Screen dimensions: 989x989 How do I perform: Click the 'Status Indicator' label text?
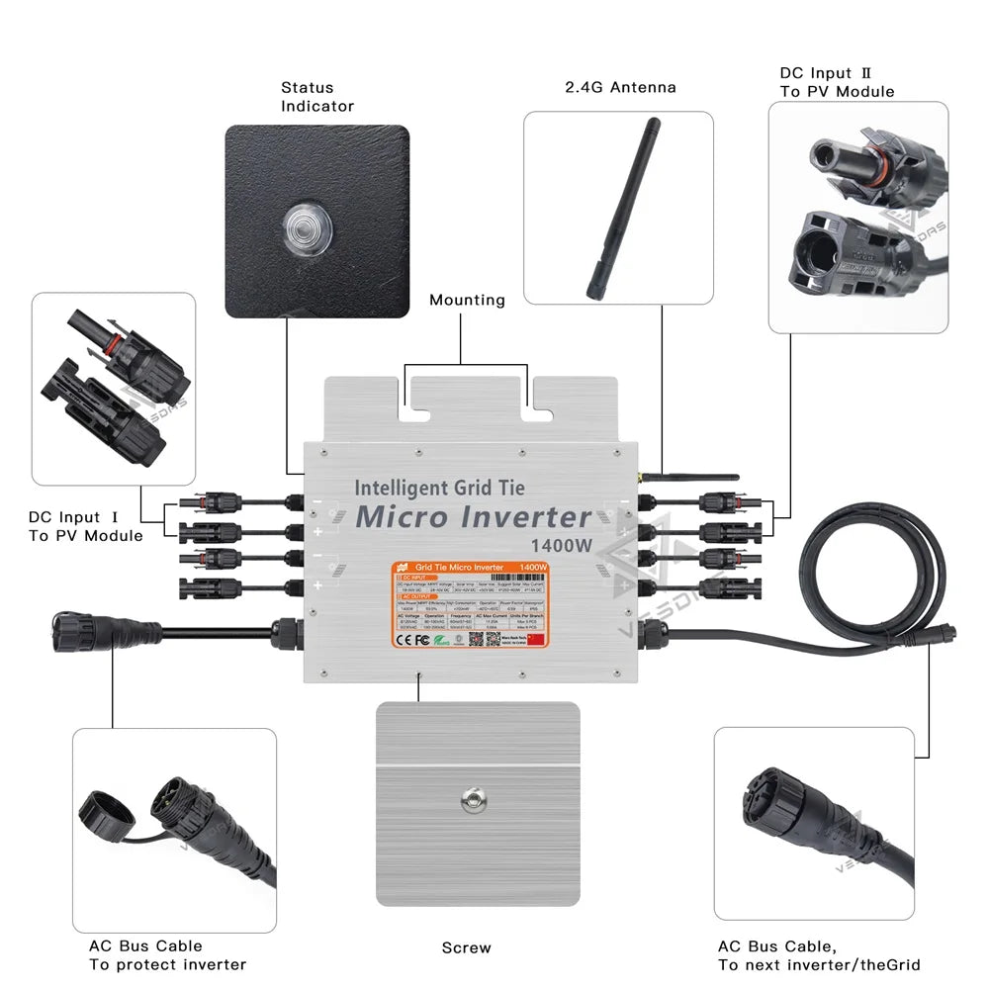(x=316, y=97)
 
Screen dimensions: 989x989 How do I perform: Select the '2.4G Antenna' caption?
(x=620, y=87)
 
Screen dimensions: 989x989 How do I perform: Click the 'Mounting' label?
(x=467, y=301)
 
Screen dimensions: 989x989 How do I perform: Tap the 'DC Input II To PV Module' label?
(x=837, y=82)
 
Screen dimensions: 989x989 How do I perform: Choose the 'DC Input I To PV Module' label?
(x=85, y=526)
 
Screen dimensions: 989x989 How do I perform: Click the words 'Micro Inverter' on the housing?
(x=473, y=517)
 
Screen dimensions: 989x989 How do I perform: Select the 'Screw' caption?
(x=466, y=948)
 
